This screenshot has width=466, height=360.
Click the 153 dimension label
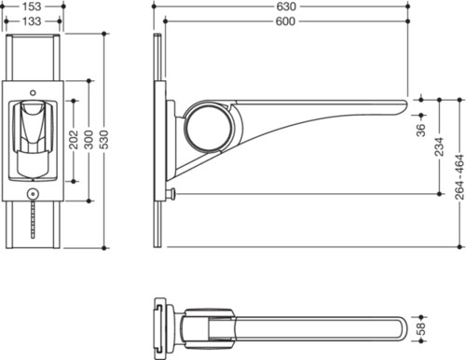pos(32,7)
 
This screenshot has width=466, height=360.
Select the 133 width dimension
pos(32,21)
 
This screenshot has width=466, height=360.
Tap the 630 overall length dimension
pos(286,7)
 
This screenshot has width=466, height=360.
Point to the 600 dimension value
pos(285,21)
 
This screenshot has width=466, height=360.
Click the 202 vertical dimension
pos(74,140)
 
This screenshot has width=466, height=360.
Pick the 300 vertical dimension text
pos(89,140)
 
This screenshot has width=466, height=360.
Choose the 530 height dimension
pos(104,140)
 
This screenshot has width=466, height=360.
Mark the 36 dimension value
pos(421,130)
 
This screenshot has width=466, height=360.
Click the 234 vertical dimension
pos(439,146)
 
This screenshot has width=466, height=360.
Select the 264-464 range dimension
pos(459,177)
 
